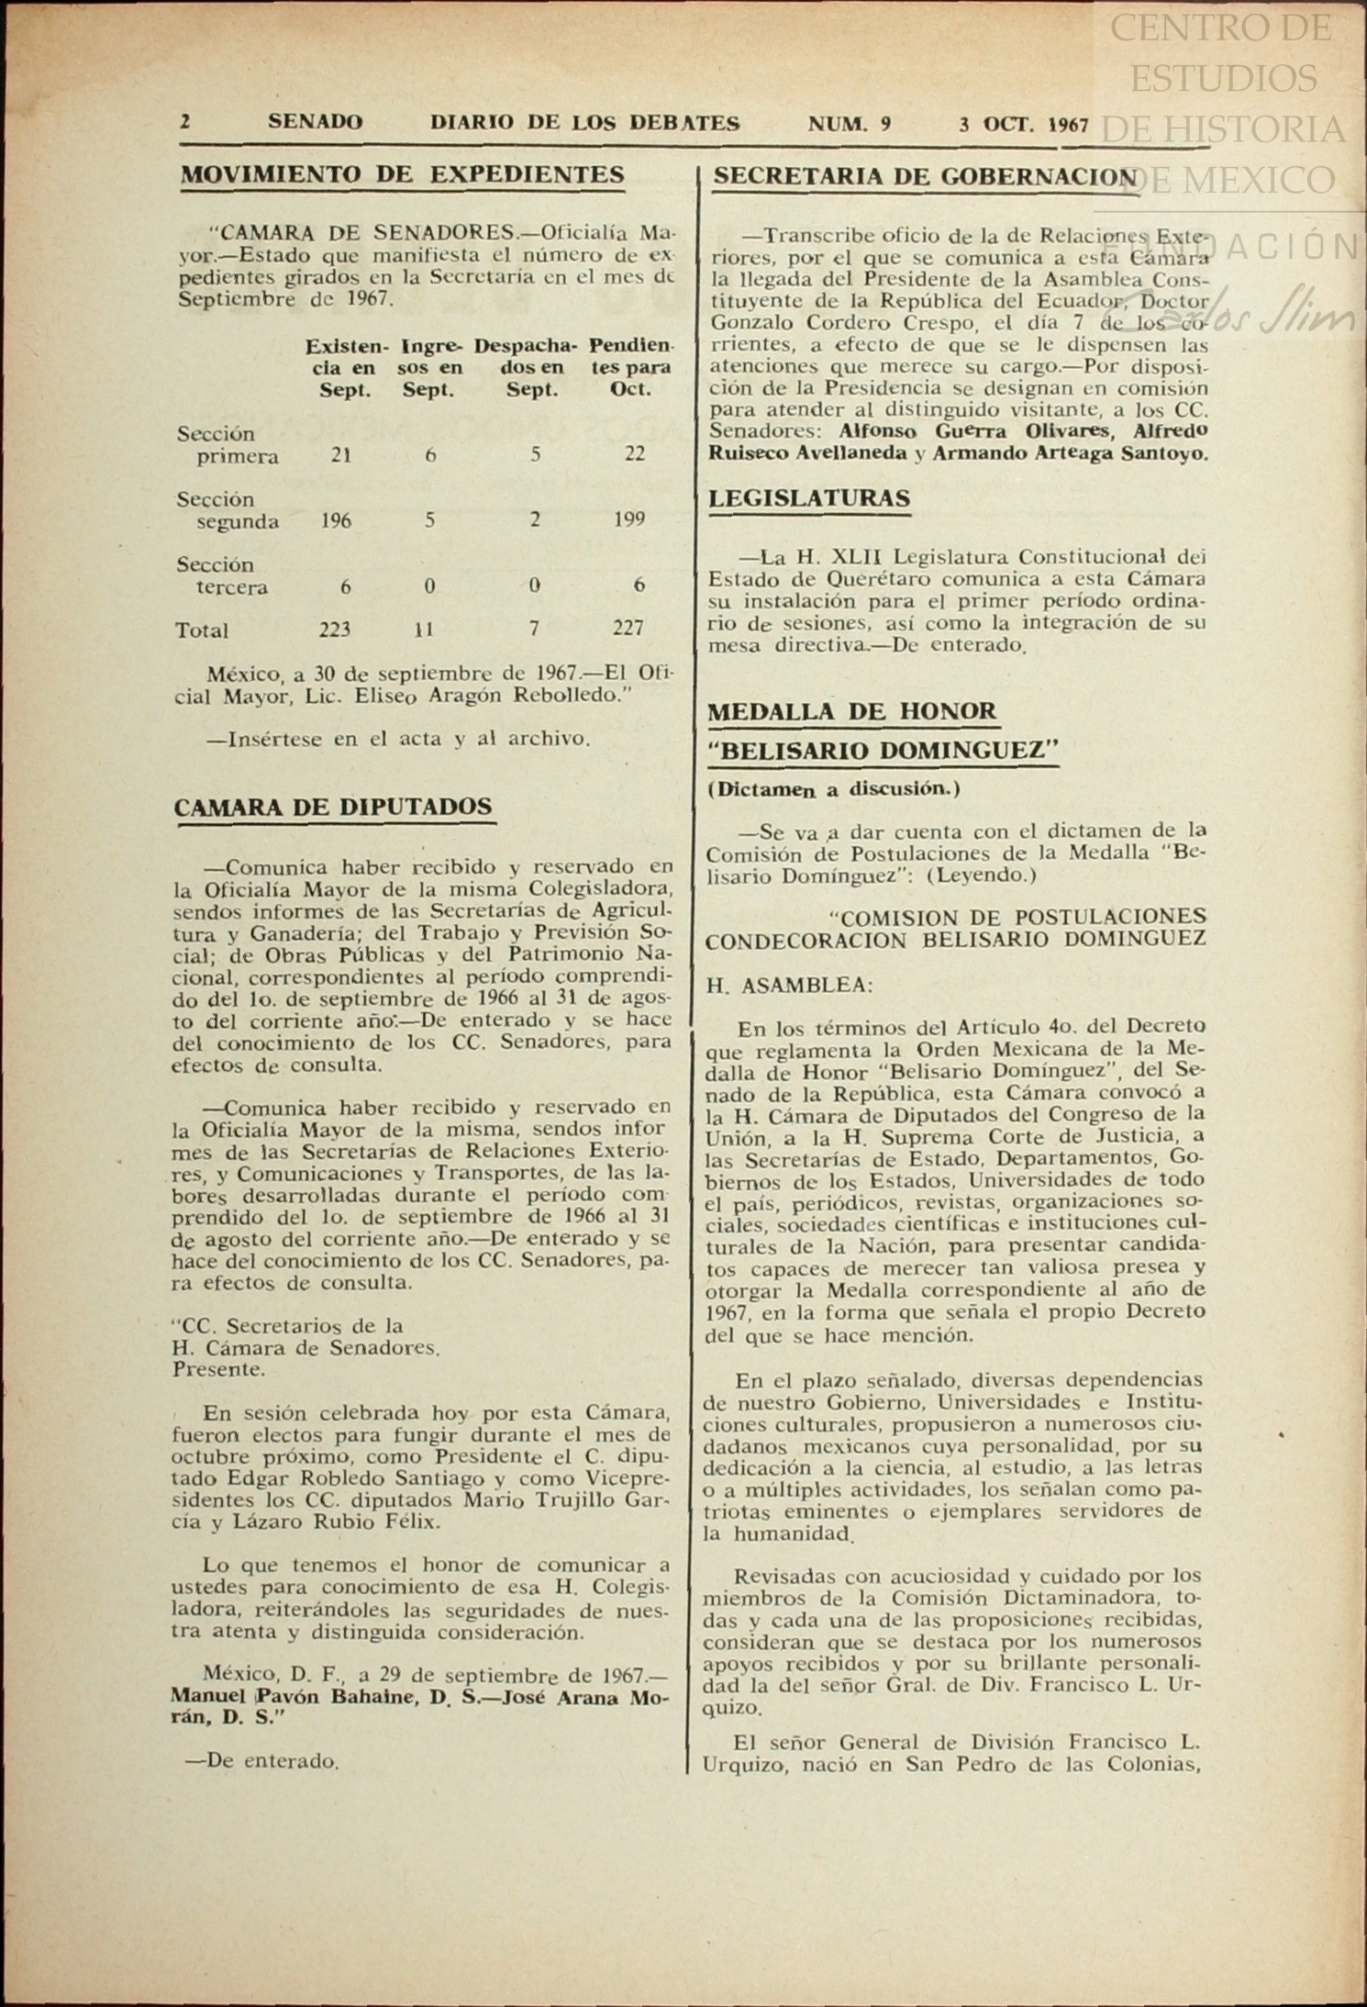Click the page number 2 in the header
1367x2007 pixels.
[185, 122]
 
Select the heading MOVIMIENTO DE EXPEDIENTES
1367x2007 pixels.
[402, 174]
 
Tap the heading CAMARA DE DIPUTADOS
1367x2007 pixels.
[333, 807]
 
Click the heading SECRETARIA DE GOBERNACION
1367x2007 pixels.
[925, 176]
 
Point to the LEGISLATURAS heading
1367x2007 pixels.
[809, 498]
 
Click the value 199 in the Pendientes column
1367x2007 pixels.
[629, 519]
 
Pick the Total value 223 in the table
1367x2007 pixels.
[335, 630]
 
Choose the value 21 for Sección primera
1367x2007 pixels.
[340, 454]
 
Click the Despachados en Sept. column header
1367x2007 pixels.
[526, 367]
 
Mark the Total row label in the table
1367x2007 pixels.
[202, 630]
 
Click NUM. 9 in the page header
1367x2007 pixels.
[850, 123]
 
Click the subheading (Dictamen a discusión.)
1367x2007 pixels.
[834, 788]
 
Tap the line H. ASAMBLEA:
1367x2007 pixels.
[789, 986]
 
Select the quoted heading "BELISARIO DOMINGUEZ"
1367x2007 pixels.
[883, 751]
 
